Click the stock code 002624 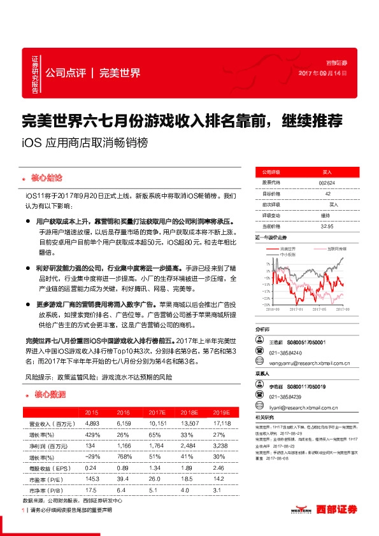pos(326,181)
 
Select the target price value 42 pos(327,193)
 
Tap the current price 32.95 pos(327,225)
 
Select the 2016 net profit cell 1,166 pos(124,446)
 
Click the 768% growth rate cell pos(124,458)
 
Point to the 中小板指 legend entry pos(285,254)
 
